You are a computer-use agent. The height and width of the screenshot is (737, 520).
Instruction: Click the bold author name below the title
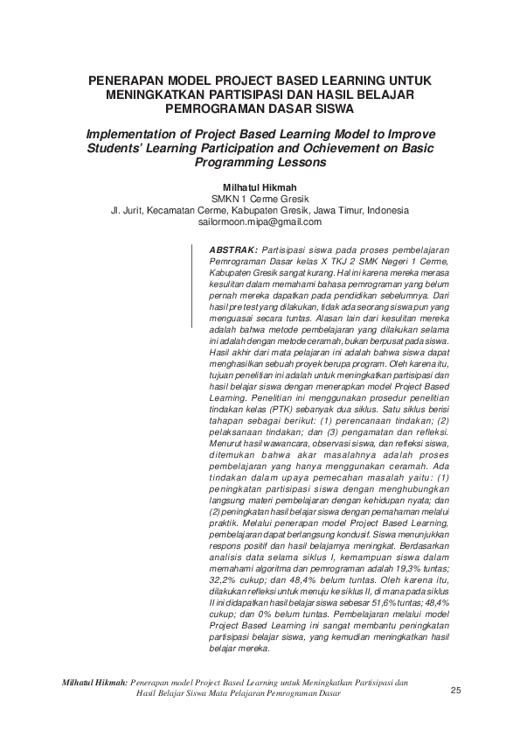(x=260, y=186)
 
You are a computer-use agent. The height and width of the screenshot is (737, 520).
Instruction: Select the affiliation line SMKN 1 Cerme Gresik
(x=260, y=199)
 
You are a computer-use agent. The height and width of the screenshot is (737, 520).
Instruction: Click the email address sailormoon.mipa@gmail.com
(x=260, y=223)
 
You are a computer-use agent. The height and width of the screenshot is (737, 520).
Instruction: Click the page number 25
(x=454, y=691)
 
